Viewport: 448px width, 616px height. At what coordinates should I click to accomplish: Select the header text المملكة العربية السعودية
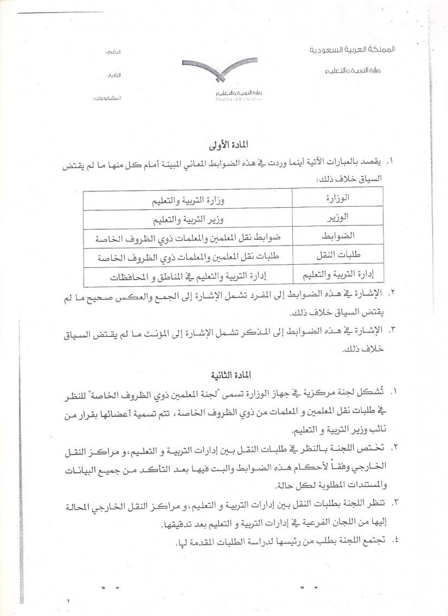tap(353, 49)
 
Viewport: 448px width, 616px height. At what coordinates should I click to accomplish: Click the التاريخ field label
tap(112, 75)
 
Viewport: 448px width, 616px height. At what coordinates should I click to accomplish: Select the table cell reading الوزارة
tap(337, 197)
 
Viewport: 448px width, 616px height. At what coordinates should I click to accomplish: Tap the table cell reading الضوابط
tap(338, 236)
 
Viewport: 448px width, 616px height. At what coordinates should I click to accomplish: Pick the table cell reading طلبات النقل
tap(337, 255)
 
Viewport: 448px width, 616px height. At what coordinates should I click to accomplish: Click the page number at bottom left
tap(69, 600)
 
